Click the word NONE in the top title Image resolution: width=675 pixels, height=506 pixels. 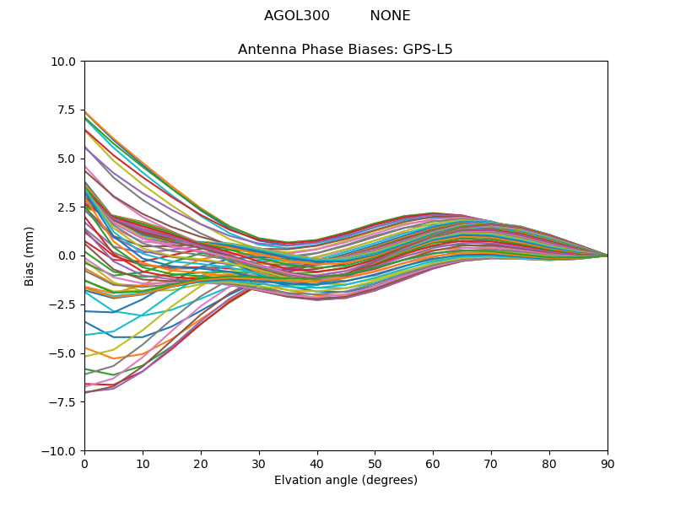[x=390, y=16]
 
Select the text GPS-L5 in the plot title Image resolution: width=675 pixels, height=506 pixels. [x=427, y=50]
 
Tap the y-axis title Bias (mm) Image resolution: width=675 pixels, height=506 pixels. [x=30, y=256]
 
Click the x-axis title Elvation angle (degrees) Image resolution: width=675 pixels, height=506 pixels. [x=346, y=481]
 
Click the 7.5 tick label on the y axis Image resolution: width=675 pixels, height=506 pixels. [x=67, y=110]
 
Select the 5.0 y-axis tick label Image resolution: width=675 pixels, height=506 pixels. [x=67, y=159]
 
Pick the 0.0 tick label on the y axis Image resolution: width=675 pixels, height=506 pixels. [x=67, y=256]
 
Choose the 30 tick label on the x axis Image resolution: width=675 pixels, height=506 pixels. [x=259, y=463]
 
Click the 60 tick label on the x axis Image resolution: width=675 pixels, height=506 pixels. [x=433, y=463]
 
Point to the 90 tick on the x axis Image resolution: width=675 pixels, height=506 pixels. [x=607, y=463]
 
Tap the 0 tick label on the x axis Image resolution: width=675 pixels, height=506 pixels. [x=84, y=463]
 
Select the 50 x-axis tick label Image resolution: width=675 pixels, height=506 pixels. [x=375, y=463]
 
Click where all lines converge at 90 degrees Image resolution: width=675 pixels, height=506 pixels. [x=607, y=256]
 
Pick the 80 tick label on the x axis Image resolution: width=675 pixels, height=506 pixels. [x=549, y=463]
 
